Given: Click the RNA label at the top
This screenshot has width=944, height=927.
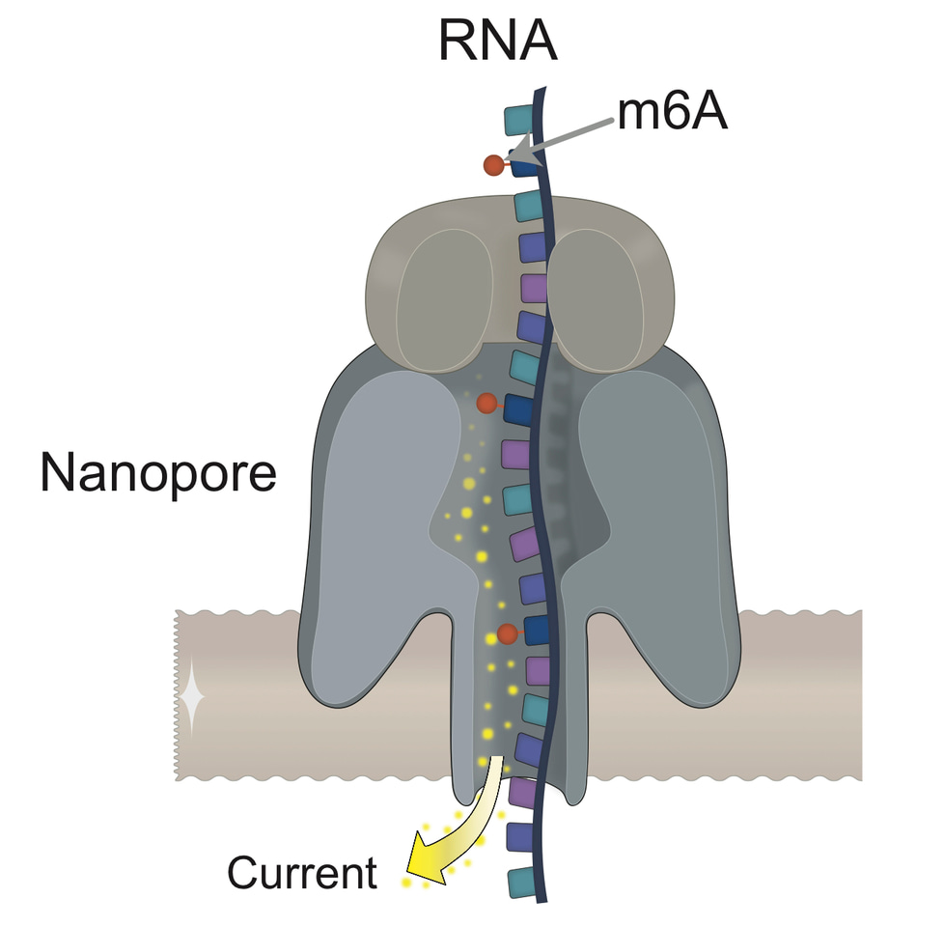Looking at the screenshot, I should (497, 41).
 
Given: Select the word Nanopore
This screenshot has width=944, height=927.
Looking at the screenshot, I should (158, 473).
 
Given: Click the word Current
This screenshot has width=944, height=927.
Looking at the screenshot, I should (301, 873).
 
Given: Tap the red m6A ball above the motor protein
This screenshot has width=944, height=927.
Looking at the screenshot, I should (494, 166).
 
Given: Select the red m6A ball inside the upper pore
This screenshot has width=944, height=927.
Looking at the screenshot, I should (487, 403).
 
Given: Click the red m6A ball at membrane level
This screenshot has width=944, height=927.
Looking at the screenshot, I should (507, 634).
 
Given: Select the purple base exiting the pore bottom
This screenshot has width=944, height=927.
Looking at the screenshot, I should (522, 792).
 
